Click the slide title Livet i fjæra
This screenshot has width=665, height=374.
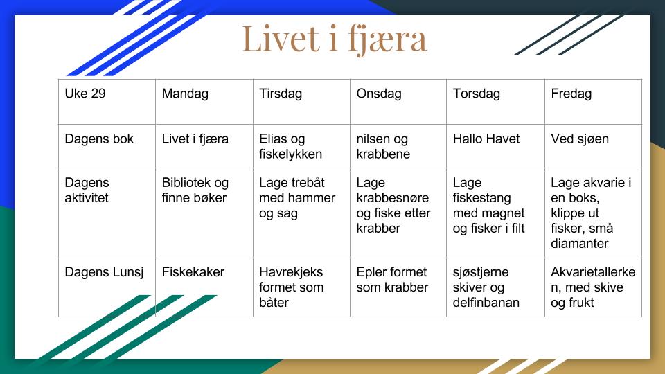click(334, 39)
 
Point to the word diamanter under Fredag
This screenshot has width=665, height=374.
click(579, 243)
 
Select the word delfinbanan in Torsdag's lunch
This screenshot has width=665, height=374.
click(486, 303)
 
